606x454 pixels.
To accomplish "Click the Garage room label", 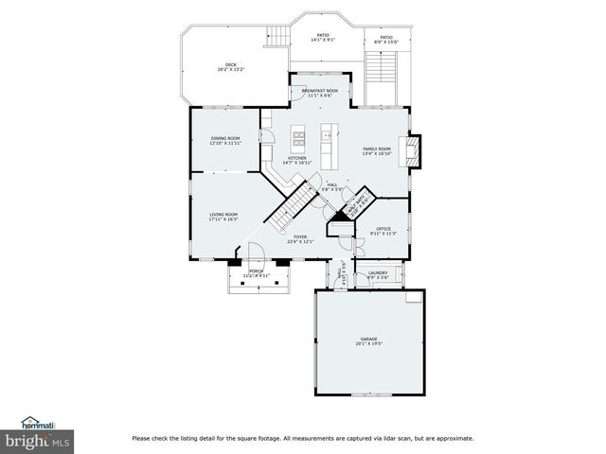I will pos(368,339).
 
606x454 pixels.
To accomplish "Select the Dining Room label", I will pos(225,139).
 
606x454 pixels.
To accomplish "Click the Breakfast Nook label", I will pos(319,91).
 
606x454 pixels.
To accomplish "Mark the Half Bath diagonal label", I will pos(358,206).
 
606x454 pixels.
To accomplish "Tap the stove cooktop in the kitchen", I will pos(299,141).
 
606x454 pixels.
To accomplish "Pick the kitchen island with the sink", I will pos(329,142).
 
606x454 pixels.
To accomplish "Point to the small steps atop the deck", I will pos(277,37).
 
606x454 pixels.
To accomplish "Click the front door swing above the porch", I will pos(256,251).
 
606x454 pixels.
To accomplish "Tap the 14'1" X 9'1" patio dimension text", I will pos(324,41).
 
